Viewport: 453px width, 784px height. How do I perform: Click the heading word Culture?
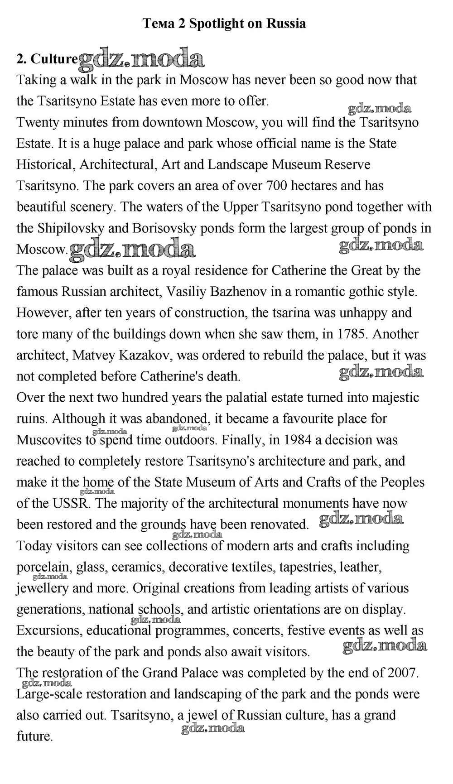click(x=54, y=59)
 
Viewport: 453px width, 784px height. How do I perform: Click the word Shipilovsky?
click(x=72, y=228)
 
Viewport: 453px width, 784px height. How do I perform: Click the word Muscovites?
click(x=49, y=440)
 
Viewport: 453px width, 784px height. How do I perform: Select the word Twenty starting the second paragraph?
click(x=39, y=122)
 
